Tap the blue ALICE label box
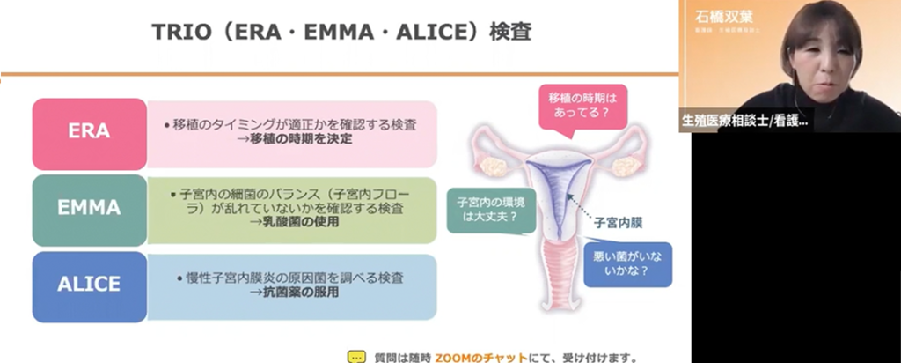pyautogui.click(x=89, y=285)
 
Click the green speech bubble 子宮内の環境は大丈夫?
pyautogui.click(x=486, y=208)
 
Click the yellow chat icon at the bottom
pyautogui.click(x=355, y=357)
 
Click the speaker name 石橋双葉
pyautogui.click(x=725, y=15)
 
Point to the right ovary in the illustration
pyautogui.click(x=626, y=166)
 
